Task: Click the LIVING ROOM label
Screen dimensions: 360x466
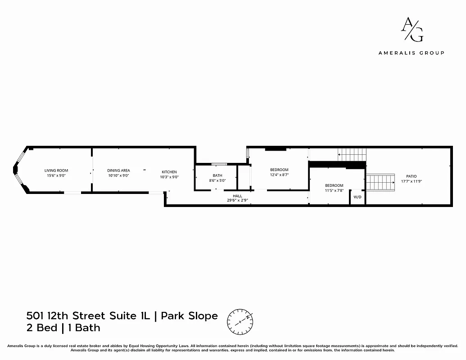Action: click(x=56, y=170)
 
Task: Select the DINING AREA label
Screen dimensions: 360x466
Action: click(x=118, y=170)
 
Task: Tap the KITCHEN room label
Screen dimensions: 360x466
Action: click(x=169, y=172)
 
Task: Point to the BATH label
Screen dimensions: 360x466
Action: click(x=217, y=175)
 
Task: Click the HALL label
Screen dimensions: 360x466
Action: click(x=237, y=196)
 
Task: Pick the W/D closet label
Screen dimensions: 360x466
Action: click(x=357, y=197)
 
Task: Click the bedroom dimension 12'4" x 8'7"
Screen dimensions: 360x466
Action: click(x=279, y=175)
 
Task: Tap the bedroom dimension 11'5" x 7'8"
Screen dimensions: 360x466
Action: click(x=334, y=190)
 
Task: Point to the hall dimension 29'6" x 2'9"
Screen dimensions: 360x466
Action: click(x=237, y=201)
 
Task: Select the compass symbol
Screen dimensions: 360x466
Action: click(x=240, y=320)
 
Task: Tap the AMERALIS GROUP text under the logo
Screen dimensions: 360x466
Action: click(x=411, y=53)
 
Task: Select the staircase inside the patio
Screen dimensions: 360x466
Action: click(x=380, y=183)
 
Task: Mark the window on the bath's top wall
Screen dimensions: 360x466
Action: click(x=219, y=164)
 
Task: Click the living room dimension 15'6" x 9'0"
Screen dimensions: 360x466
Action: click(x=56, y=175)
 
